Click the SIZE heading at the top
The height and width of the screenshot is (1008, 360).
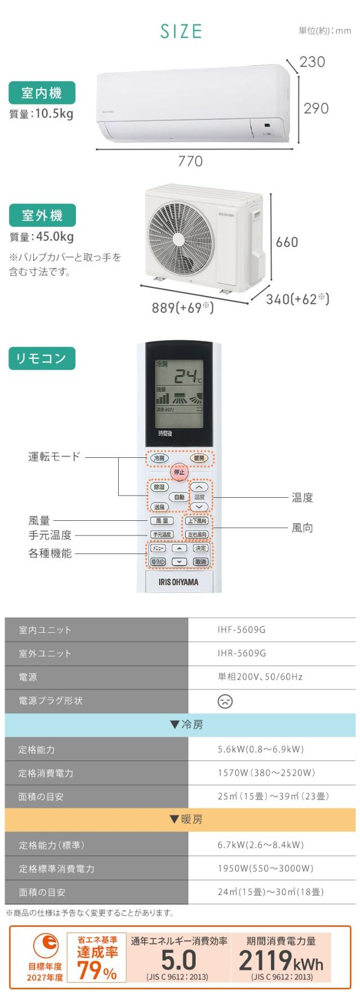pos(181,31)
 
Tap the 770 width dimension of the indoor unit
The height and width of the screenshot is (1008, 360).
pos(190,161)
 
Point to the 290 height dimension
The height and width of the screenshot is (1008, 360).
pos(316,108)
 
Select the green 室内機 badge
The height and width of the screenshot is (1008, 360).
pos(42,93)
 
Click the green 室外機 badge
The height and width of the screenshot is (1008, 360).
pos(42,215)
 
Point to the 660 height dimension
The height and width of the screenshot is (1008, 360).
pos(287,242)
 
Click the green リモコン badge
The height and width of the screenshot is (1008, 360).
pos(42,358)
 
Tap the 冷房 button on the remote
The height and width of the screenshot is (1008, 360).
pos(159,458)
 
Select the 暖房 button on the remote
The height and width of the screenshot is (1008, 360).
pos(198,458)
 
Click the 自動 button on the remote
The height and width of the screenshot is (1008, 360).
pos(179,497)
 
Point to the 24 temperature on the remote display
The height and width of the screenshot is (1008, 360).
pos(184,376)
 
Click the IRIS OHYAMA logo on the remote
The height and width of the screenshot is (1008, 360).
pos(179,582)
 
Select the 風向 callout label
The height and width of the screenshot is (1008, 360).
pos(302,528)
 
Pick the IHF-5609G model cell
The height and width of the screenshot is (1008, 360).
pos(241,630)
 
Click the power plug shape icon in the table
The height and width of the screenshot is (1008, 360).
pos(225,701)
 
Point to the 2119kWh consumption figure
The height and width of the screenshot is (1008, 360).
pos(281,961)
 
